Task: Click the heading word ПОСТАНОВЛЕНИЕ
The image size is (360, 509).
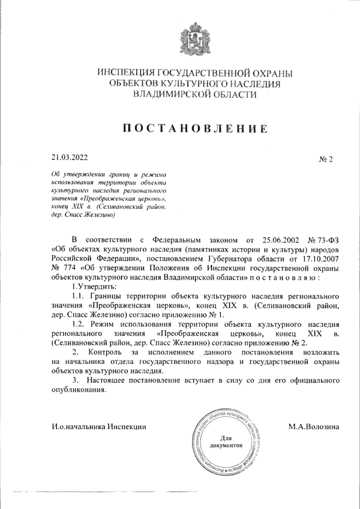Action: pos(195,127)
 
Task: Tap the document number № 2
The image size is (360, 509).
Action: pos(326,159)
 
